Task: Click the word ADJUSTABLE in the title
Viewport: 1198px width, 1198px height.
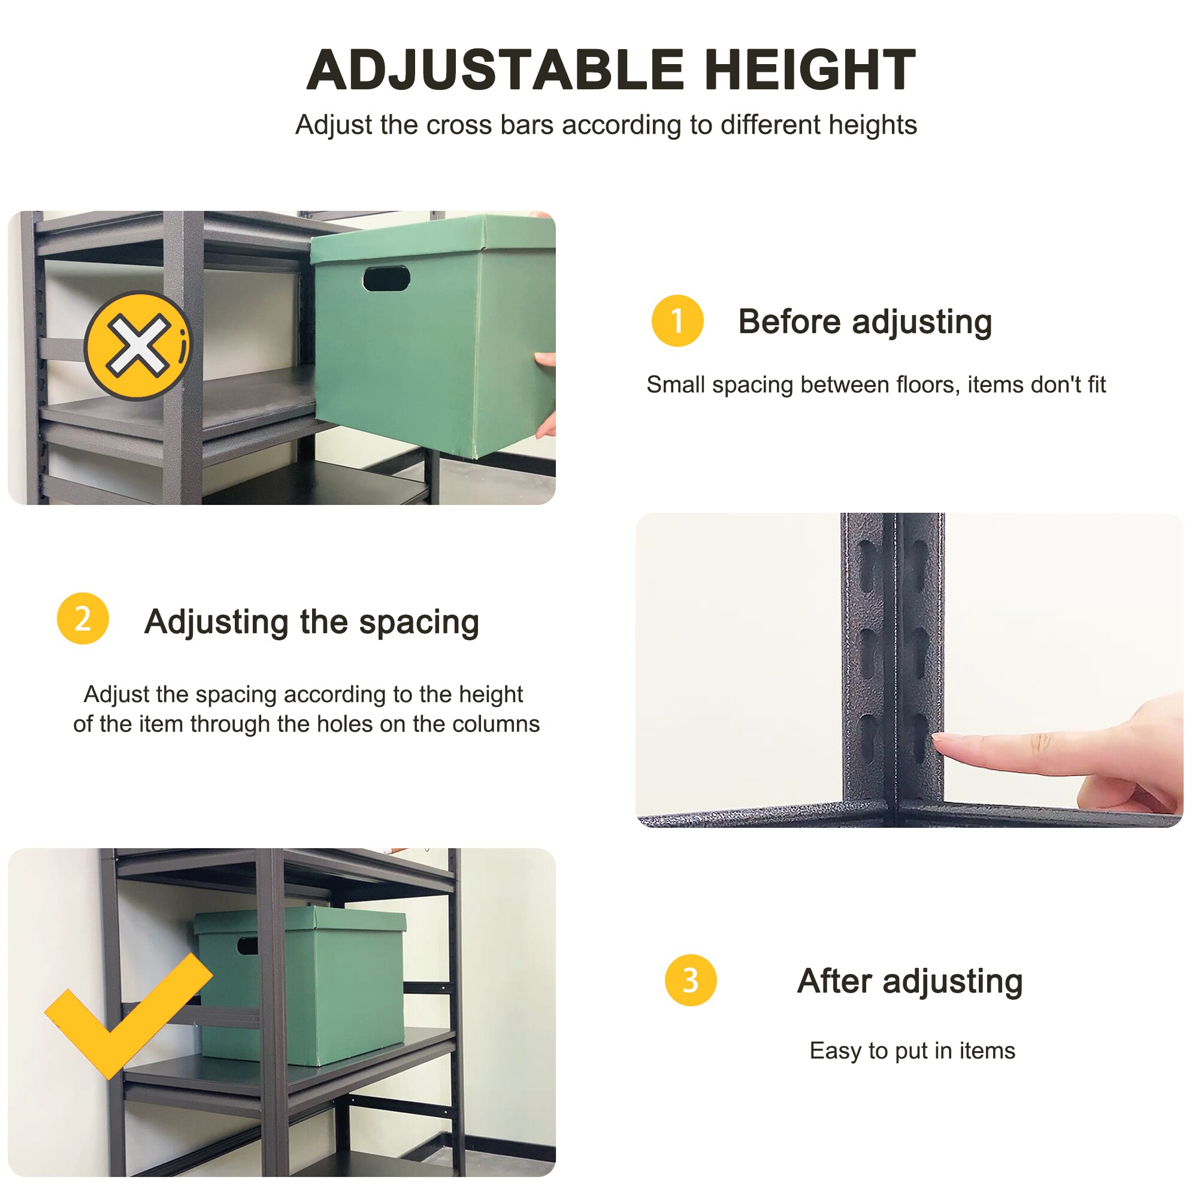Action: [495, 70]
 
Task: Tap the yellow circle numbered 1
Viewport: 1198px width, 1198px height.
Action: [677, 320]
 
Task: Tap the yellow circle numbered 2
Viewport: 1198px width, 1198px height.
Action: [83, 618]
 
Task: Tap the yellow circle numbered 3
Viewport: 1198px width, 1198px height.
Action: [690, 981]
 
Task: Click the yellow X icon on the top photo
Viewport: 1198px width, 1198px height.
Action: [138, 346]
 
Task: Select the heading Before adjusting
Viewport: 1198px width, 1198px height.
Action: [865, 322]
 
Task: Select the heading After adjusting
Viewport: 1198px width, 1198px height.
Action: [910, 981]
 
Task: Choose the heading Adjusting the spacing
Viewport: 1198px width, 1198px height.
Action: [312, 622]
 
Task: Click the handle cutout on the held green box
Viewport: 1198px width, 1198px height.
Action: [386, 279]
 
